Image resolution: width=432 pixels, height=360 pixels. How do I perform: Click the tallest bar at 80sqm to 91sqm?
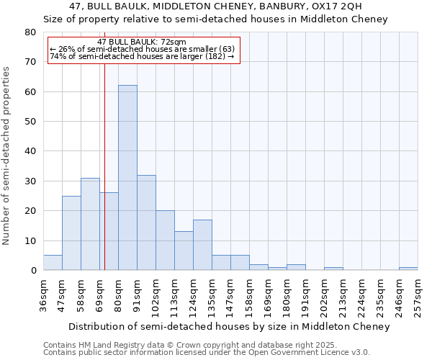pos(127,178)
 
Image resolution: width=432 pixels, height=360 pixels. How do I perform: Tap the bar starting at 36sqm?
pos(53,263)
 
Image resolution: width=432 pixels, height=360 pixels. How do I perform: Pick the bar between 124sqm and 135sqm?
pos(202,245)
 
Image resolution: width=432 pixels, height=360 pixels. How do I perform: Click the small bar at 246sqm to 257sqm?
pos(408,269)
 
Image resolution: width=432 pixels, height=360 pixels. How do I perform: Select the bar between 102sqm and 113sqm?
pos(165,240)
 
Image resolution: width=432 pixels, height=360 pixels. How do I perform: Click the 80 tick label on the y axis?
pos(30,32)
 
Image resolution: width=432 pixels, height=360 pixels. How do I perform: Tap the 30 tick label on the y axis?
pos(30,181)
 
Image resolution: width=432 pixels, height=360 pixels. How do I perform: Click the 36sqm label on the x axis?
pos(43,295)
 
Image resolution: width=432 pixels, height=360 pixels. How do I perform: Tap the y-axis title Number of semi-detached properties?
pos(7,155)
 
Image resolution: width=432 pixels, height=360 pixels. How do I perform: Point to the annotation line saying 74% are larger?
pos(142,56)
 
